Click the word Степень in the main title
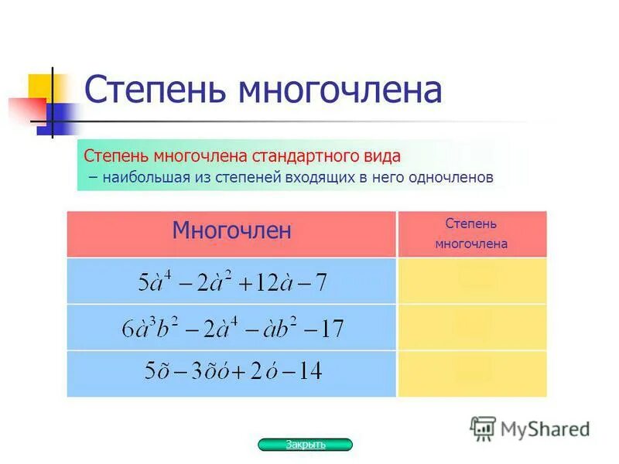(x=156, y=91)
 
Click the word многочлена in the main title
(x=340, y=91)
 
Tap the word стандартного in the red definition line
(x=303, y=156)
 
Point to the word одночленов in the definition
(x=454, y=177)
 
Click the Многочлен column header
(x=231, y=230)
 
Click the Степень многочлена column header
(x=471, y=234)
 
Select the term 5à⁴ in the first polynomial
(x=155, y=281)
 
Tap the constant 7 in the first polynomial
(x=320, y=282)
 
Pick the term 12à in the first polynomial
(x=268, y=282)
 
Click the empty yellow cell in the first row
(x=472, y=280)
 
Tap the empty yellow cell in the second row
(x=472, y=327)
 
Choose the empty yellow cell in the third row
(x=472, y=374)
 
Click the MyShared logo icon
(x=483, y=428)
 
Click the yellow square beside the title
(x=40, y=87)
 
